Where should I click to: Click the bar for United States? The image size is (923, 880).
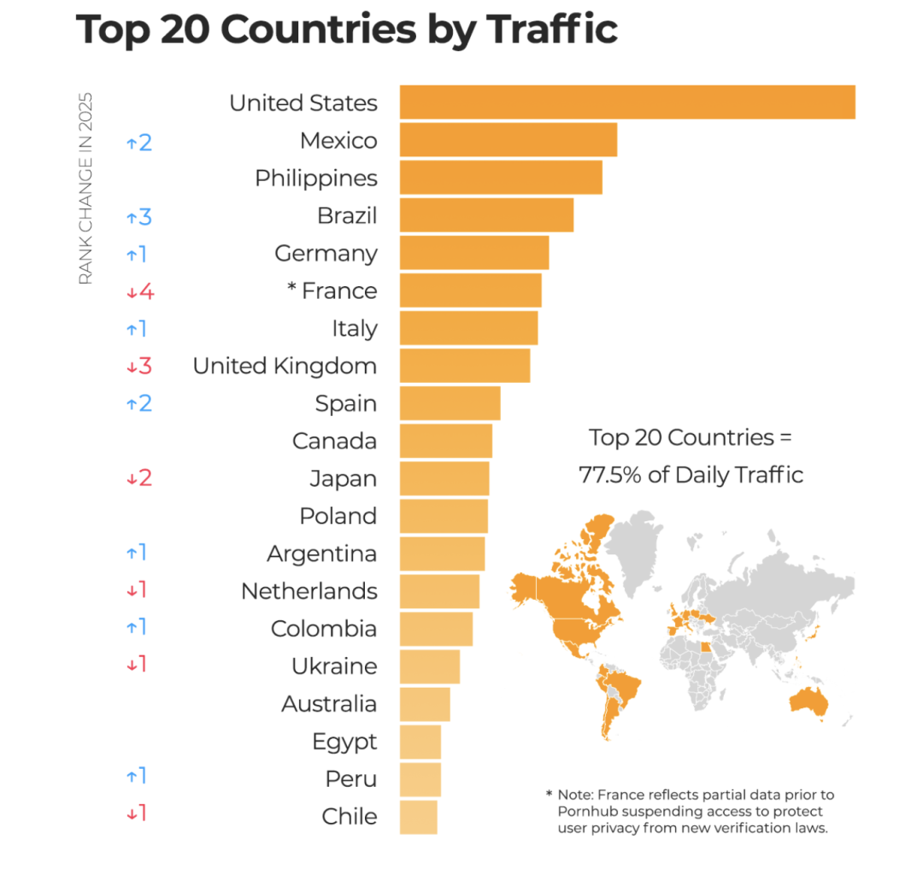(x=627, y=103)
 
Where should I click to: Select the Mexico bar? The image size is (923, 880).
(x=508, y=140)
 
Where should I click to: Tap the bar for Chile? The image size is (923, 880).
(x=418, y=817)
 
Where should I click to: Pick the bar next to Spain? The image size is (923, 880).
(x=450, y=403)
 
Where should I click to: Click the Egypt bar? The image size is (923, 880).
(x=420, y=742)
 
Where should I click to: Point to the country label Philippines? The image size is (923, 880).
(x=315, y=179)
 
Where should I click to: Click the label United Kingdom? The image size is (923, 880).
(x=285, y=367)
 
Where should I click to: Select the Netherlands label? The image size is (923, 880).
(x=309, y=591)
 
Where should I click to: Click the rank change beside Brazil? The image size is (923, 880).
(x=138, y=217)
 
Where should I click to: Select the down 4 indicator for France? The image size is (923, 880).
(x=139, y=292)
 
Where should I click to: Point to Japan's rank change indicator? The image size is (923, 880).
(x=138, y=478)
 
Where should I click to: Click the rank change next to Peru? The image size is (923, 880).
(x=136, y=777)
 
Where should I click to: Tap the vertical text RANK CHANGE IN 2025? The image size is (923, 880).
(x=85, y=188)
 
